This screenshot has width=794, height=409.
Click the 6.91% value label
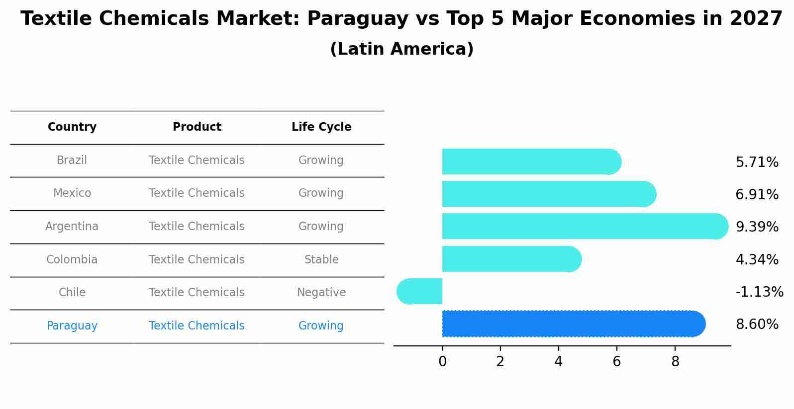(757, 194)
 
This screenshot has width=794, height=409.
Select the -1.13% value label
(759, 292)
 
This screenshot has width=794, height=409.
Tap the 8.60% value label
(757, 325)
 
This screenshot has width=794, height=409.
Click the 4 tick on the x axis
(558, 362)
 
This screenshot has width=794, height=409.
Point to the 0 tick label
(442, 362)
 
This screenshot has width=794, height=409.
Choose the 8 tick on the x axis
(675, 362)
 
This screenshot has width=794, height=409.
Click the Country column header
(72, 127)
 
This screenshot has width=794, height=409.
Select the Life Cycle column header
(321, 127)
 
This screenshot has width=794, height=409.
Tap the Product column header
(197, 127)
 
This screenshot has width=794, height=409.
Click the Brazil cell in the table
(72, 161)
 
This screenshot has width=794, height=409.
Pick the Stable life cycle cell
(321, 260)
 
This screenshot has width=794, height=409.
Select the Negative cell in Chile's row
(321, 293)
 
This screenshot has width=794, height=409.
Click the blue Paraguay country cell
(72, 326)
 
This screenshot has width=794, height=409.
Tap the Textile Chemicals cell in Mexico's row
(197, 193)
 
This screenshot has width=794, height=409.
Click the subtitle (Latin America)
(401, 49)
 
